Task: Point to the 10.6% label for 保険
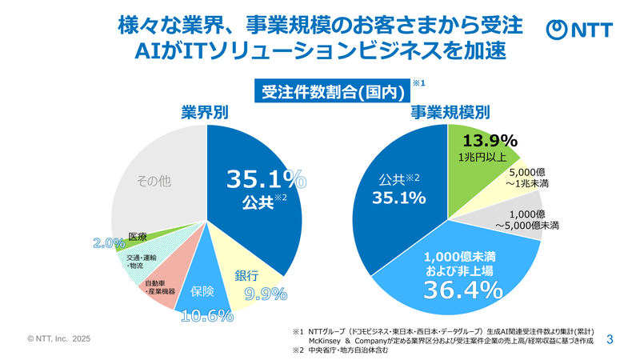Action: point(206,315)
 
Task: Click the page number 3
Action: point(610,339)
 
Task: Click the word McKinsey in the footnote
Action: point(328,340)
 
